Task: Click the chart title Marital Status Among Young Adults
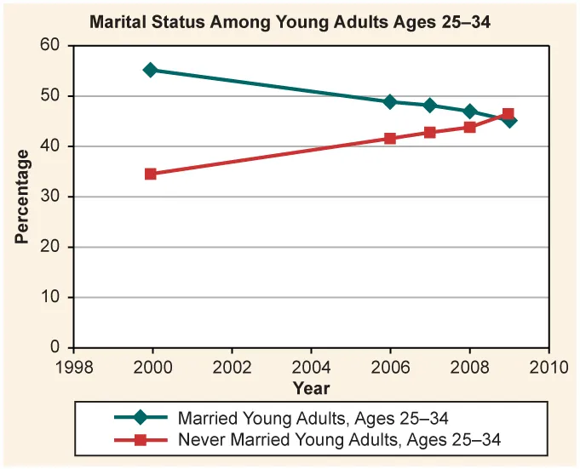coord(290,21)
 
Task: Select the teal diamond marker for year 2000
coord(151,70)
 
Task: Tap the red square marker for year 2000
coord(151,174)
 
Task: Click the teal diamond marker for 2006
coord(390,101)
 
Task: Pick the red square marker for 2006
coord(390,138)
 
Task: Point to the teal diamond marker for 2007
coord(430,106)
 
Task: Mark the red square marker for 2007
coord(430,133)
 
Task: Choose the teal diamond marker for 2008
coord(469,112)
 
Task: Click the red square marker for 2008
coord(469,127)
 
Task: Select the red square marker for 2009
coord(508,113)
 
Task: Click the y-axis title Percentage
coord(22,197)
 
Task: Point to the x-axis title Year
coord(311,388)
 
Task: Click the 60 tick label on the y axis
coord(52,46)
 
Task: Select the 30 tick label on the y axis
coord(52,197)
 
